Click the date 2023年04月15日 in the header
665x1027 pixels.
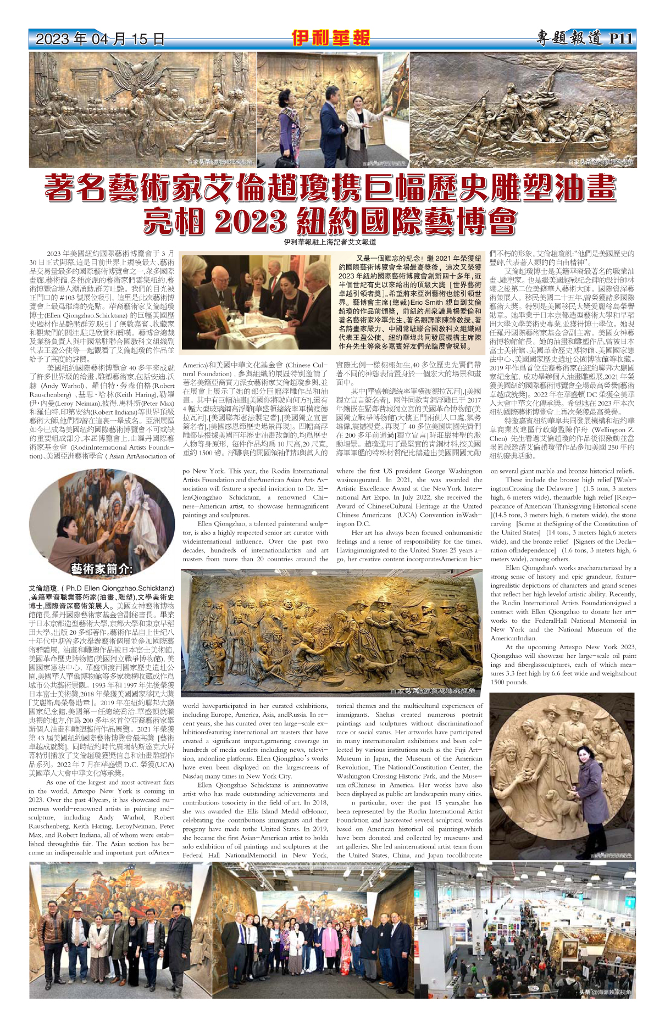point(99,39)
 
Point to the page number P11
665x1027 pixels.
point(621,38)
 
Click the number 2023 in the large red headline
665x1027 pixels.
point(250,222)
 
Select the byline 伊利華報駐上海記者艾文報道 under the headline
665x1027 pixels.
point(330,242)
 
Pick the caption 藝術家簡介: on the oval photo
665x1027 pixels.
point(102,568)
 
